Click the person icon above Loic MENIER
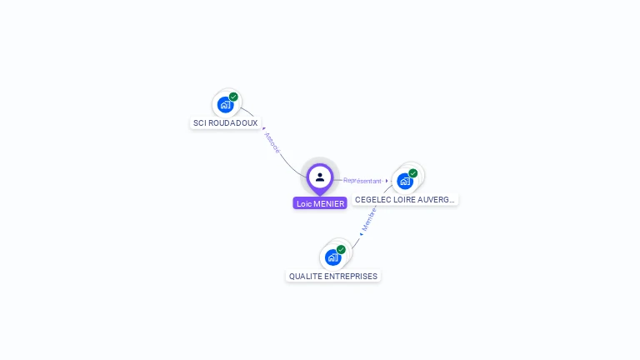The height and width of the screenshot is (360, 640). (320, 177)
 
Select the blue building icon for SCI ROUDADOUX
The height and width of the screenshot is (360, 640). (224, 105)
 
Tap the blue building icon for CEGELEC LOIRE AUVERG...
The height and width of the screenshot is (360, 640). (404, 181)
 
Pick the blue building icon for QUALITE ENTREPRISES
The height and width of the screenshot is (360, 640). (332, 257)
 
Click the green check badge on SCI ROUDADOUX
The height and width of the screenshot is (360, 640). (233, 97)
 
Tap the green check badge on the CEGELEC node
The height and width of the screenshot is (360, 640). (413, 173)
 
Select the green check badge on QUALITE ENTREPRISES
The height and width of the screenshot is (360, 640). (341, 249)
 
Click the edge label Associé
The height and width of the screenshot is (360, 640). (272, 142)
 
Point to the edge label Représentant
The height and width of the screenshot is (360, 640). (362, 180)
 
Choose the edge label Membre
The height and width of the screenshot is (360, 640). (369, 219)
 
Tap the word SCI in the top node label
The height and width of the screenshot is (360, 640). (200, 123)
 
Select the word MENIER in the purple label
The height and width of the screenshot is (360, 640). (329, 203)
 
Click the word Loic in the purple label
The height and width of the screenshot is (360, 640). (304, 203)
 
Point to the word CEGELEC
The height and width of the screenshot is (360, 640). (372, 200)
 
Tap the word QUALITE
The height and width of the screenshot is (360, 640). (305, 276)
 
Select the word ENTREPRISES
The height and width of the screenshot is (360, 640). (351, 276)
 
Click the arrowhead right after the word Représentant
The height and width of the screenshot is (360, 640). (387, 180)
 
